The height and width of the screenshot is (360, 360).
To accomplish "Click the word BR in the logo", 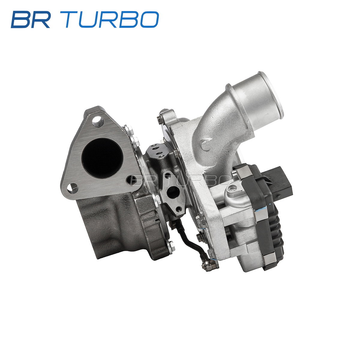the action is (x=31, y=19).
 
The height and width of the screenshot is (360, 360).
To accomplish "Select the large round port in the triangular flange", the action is (x=102, y=158).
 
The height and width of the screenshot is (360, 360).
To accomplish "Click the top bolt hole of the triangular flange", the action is (x=98, y=121).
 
